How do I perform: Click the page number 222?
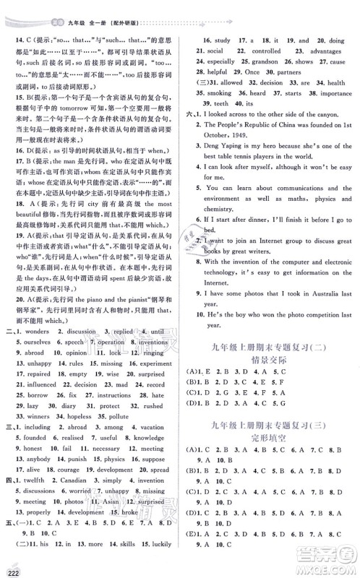11,571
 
